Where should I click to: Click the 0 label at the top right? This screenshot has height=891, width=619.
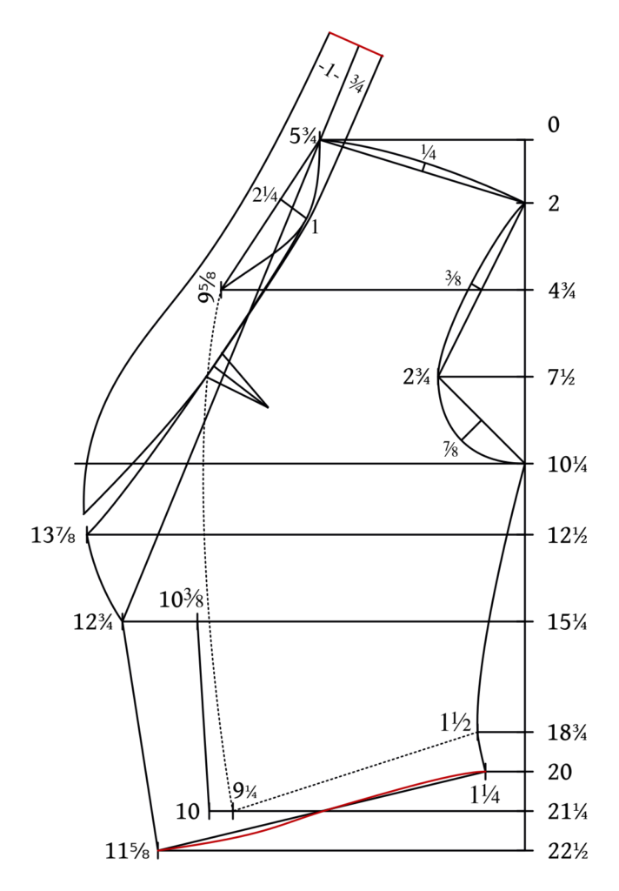click(554, 125)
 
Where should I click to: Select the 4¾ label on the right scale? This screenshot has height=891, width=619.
click(562, 291)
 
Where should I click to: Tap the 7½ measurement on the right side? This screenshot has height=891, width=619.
click(561, 378)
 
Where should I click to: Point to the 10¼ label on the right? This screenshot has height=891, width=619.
click(568, 465)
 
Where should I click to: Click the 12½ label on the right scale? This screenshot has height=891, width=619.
click(568, 536)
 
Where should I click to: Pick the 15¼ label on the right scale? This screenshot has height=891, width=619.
click(568, 623)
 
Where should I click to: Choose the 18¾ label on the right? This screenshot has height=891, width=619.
click(568, 733)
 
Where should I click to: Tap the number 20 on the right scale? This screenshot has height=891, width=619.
click(560, 773)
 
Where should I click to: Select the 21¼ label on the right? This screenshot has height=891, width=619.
click(568, 812)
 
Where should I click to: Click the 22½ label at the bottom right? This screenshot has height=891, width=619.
click(568, 851)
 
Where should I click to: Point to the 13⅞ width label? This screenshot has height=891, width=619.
click(53, 535)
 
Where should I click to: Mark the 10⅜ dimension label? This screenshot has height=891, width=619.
click(181, 600)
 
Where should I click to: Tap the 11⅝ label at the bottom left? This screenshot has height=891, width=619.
click(128, 851)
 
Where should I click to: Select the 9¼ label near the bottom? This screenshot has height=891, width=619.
click(245, 790)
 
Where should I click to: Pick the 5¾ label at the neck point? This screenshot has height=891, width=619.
click(303, 137)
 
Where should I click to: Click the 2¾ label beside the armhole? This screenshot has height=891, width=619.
click(416, 377)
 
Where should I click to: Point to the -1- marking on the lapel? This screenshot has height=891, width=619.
click(329, 71)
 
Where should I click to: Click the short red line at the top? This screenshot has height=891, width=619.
click(356, 44)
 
